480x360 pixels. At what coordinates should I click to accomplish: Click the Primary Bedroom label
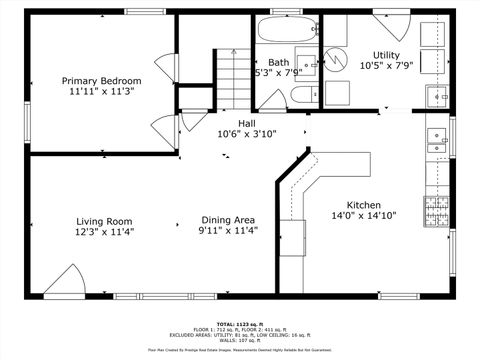pyautogui.click(x=101, y=81)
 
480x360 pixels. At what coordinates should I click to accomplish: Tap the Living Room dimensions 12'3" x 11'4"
pyautogui.click(x=105, y=232)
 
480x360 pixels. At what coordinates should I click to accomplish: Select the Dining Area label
pyautogui.click(x=227, y=221)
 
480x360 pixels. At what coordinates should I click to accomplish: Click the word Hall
pyautogui.click(x=246, y=123)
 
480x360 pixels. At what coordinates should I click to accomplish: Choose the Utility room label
pyautogui.click(x=386, y=55)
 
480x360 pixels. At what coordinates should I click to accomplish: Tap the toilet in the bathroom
pyautogui.click(x=299, y=97)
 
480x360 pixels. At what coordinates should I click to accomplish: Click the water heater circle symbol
pyautogui.click(x=337, y=55)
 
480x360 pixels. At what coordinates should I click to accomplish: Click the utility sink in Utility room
pyautogui.click(x=436, y=96)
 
